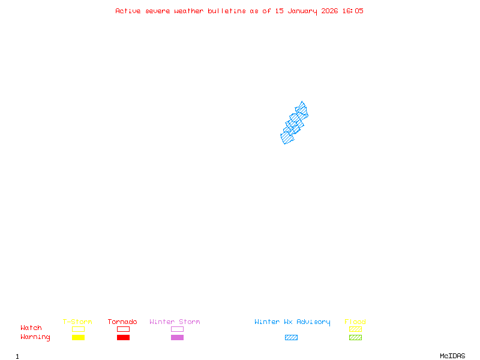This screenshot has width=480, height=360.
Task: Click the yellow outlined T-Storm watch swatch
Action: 78,329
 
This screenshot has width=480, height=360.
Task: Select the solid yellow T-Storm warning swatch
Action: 78,337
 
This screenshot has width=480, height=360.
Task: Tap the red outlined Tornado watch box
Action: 123,329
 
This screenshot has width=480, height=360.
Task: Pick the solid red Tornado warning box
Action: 123,337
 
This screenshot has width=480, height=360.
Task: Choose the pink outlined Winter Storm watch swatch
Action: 177,329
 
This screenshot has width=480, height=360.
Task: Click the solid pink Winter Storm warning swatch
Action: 177,337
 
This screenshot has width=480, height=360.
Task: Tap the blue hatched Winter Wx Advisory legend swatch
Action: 291,337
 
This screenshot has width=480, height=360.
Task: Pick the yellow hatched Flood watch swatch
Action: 355,329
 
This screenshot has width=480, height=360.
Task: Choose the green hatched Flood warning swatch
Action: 355,337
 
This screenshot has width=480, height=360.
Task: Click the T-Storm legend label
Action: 77,322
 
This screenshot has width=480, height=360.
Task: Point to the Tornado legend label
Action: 122,322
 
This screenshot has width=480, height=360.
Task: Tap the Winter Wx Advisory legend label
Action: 292,322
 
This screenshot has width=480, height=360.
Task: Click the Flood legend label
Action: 355,322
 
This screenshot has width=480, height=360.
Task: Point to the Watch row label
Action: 31,328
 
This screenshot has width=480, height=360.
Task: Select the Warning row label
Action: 35,337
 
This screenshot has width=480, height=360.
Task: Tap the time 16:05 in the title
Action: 353,11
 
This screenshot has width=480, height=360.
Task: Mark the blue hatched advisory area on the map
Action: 294,124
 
